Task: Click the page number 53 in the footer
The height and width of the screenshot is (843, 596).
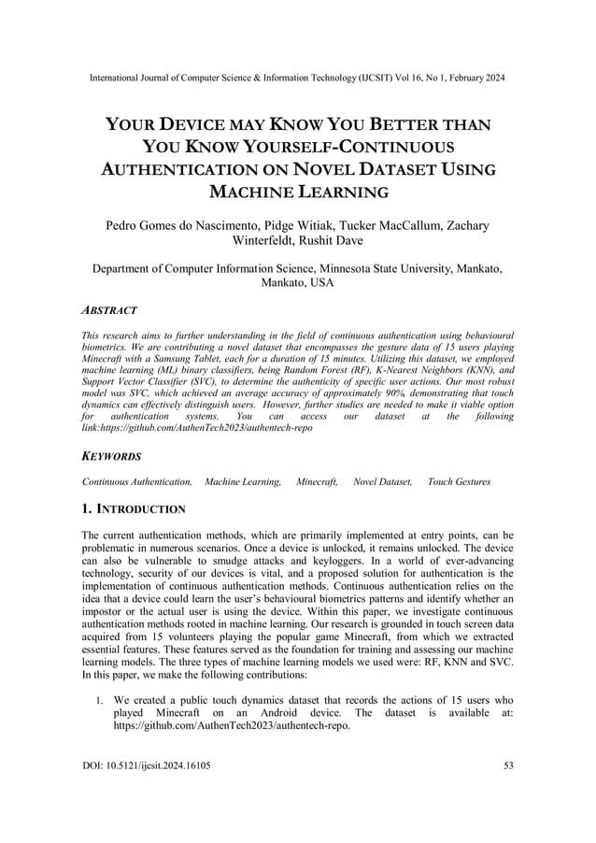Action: point(508,765)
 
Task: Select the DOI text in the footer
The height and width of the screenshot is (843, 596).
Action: point(146,765)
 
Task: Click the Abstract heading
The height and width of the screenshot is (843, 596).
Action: point(109,309)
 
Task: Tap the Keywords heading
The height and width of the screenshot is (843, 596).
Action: point(111,456)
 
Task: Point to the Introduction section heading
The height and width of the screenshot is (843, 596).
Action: point(134,509)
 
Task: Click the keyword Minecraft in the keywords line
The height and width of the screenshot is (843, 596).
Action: point(317,481)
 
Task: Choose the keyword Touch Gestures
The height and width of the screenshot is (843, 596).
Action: point(459,481)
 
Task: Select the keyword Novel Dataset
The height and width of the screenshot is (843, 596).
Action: point(382,481)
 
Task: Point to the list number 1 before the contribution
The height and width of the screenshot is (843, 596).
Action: point(100,699)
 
